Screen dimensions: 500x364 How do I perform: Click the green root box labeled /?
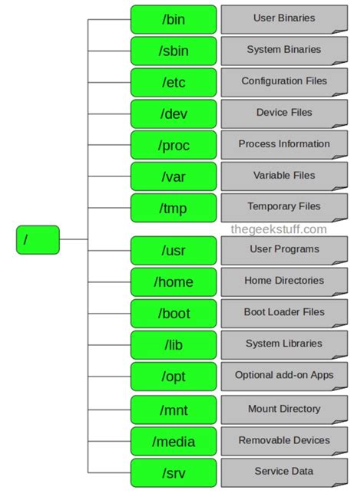tap(37, 239)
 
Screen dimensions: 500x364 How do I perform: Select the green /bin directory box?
tap(174, 19)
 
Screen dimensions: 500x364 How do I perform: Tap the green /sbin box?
tap(174, 51)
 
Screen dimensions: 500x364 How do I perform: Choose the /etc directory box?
tap(174, 82)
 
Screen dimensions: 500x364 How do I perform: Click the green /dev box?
tap(174, 113)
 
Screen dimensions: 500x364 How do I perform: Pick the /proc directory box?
tap(174, 145)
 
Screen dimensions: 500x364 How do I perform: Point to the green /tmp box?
tap(174, 208)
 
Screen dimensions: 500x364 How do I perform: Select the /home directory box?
tap(174, 282)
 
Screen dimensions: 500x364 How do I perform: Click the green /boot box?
tap(174, 314)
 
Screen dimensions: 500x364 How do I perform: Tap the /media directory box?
tap(174, 442)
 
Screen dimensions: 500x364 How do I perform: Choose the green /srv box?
tap(174, 473)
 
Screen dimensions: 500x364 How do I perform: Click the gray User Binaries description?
tap(283, 18)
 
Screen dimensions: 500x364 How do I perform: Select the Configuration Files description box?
tap(283, 81)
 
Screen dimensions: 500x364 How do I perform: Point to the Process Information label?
tap(283, 144)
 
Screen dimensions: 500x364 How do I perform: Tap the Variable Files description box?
tap(283, 176)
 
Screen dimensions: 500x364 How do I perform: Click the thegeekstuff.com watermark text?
tap(279, 229)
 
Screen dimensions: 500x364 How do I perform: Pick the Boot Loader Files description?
tap(283, 313)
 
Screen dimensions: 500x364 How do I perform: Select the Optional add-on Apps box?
tap(283, 376)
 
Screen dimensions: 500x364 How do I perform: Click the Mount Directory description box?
tap(283, 410)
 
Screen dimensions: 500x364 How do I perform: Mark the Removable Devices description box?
tap(283, 441)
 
